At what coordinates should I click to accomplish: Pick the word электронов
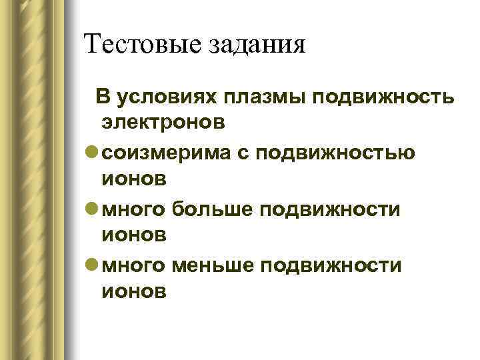163,123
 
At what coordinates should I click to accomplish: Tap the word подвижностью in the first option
341,153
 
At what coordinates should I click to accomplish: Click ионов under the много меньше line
133,291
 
